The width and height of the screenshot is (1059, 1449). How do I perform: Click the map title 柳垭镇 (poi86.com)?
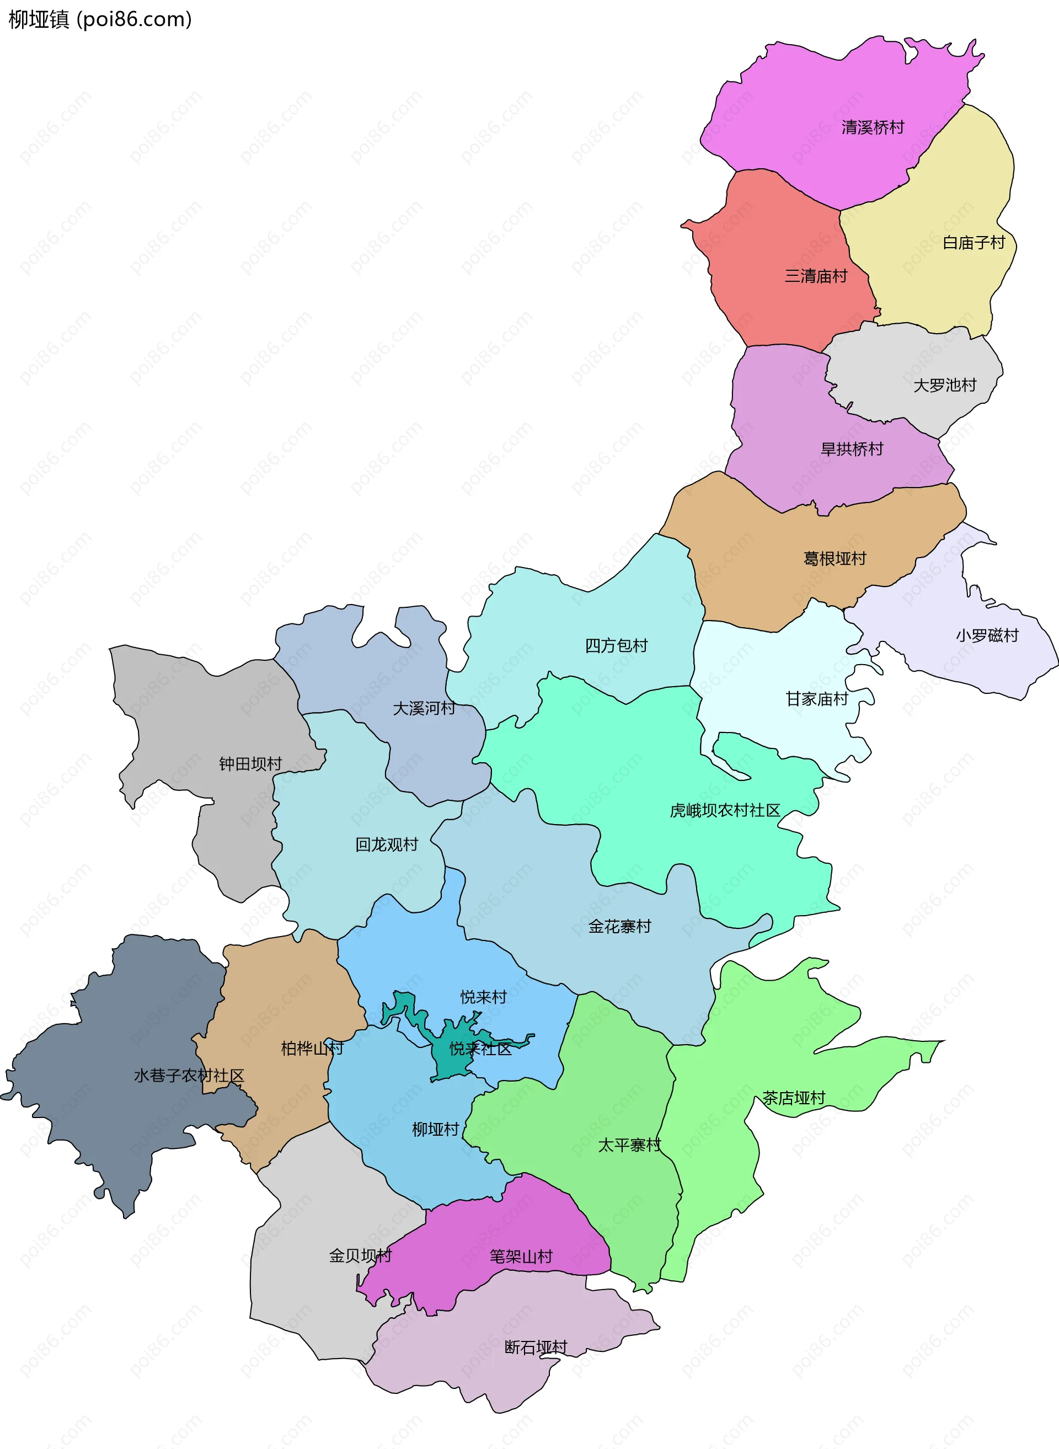coord(100,19)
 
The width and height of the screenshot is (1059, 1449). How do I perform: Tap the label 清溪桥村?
coord(873,127)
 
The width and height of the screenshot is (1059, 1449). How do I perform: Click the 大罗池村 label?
coord(944,386)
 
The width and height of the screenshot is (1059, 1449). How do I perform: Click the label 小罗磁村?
coord(987,636)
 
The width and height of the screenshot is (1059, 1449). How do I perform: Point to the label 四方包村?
coord(616,646)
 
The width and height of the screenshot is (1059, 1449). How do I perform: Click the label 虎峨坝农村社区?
coord(724,811)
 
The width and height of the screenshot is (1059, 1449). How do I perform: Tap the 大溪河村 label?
coord(424,708)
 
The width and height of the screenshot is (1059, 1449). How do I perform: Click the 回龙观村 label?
coord(387,845)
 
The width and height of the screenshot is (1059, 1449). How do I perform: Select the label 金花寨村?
coord(619,927)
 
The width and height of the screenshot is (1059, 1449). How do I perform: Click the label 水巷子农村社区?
coord(189,1076)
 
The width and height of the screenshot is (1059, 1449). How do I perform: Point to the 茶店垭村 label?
coord(793,1098)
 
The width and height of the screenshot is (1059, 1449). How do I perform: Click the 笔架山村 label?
coord(521,1256)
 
